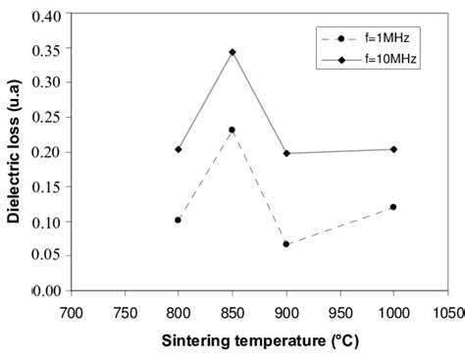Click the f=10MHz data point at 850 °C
pos(232,52)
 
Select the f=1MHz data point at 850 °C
pos(232,129)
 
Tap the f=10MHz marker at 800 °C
pos(178,149)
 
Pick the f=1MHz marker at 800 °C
pos(178,220)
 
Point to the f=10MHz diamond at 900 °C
pos(285,153)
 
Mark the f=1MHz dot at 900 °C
pos(285,244)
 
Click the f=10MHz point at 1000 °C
pos(393,149)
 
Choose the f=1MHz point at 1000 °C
pos(393,207)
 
